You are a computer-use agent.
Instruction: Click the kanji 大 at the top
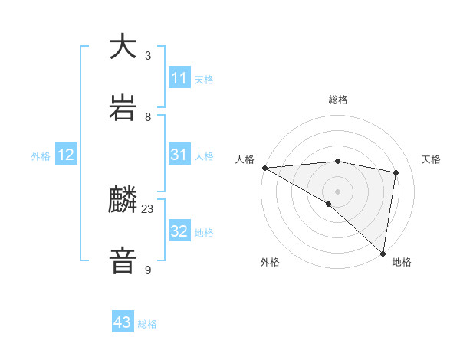[123, 47]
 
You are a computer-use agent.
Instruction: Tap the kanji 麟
[123, 201]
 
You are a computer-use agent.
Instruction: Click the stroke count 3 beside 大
[148, 55]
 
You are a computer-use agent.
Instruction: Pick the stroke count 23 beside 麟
[148, 208]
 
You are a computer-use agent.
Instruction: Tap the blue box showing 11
[179, 77]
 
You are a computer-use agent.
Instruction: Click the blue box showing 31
[179, 155]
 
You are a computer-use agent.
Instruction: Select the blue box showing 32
[179, 231]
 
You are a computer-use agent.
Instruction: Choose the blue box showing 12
[66, 155]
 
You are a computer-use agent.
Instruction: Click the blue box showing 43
[123, 322]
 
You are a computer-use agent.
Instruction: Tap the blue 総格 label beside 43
[147, 324]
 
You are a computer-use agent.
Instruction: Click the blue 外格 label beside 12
[41, 155]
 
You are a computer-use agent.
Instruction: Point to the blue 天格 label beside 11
[204, 79]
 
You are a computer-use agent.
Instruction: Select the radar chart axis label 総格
[338, 100]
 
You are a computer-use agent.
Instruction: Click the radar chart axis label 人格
[245, 159]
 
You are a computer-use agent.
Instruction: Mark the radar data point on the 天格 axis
[396, 172]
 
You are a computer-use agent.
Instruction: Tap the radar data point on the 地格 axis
[383, 253]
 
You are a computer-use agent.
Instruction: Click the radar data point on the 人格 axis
[264, 168]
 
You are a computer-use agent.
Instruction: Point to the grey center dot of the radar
[338, 191]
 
